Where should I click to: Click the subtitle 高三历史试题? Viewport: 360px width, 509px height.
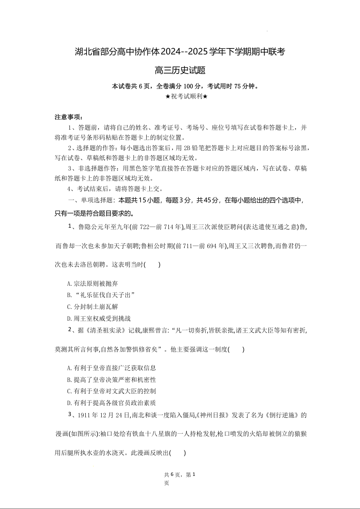[x=180, y=70]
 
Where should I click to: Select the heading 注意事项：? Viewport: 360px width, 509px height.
[x=69, y=117]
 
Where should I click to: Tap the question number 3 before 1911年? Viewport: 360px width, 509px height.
[x=70, y=414]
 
